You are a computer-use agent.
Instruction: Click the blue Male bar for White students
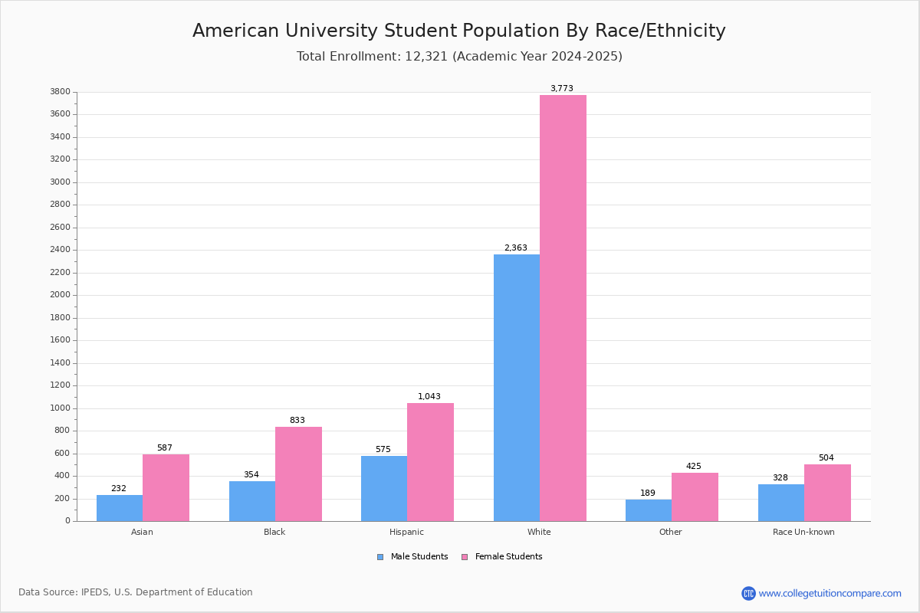coord(516,388)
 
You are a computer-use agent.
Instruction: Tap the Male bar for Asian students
coord(120,508)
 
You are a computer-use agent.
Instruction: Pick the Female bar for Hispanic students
coord(430,462)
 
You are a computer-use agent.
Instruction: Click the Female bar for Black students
coord(298,474)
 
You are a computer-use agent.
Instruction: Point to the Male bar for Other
coord(648,510)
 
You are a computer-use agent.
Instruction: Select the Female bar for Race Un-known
coord(827,493)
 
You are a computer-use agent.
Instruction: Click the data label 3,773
coord(561,88)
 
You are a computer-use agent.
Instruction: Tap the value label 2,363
coord(515,247)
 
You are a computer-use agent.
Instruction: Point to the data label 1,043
coord(429,396)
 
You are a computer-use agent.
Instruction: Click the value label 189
coord(648,493)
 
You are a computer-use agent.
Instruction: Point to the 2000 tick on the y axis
coord(61,295)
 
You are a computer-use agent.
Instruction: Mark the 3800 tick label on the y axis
coord(61,92)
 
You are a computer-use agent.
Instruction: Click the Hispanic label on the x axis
coord(406,532)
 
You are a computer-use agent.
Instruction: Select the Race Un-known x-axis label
coord(803,532)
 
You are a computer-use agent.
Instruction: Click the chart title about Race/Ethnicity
coord(458,31)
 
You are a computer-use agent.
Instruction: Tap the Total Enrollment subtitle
coord(458,57)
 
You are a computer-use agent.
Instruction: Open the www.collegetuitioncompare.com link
coord(830,593)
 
